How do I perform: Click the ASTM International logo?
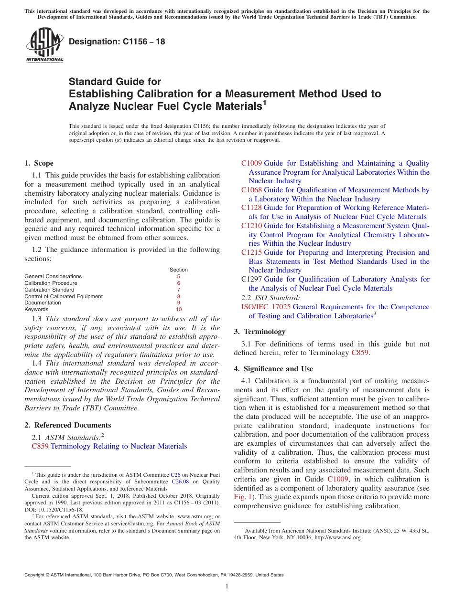(x=44, y=46)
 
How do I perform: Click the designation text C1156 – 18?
(x=117, y=42)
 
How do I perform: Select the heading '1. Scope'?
(x=39, y=163)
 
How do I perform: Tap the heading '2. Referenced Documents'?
(x=67, y=425)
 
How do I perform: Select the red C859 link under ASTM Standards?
(x=40, y=446)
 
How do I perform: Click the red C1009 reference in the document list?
(x=251, y=163)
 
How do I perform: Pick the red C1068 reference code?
(x=251, y=190)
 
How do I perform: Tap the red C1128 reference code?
(x=251, y=208)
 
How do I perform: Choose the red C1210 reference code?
(x=251, y=226)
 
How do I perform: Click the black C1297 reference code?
(x=251, y=279)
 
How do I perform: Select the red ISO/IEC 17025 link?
(x=266, y=307)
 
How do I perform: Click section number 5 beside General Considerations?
(x=179, y=276)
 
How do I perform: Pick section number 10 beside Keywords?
(x=179, y=310)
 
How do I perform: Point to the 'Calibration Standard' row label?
(x=49, y=290)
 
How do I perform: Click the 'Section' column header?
(x=179, y=270)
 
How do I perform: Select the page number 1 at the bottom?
(x=227, y=586)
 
